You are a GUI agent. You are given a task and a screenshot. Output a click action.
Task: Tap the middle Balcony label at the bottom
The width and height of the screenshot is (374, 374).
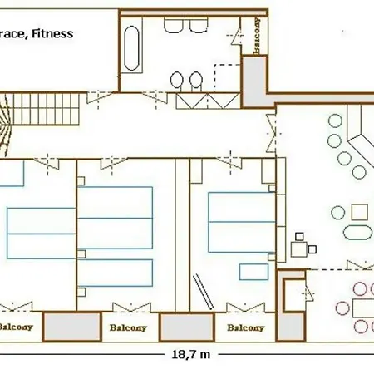(x=127, y=327)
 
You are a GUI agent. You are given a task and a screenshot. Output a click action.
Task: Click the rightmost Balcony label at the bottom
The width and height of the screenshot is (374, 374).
(x=245, y=327)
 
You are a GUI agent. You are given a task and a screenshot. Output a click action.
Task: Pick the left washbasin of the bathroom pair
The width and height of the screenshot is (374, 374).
(x=177, y=80)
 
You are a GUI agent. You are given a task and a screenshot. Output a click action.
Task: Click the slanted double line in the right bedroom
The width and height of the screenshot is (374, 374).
(x=200, y=288)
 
